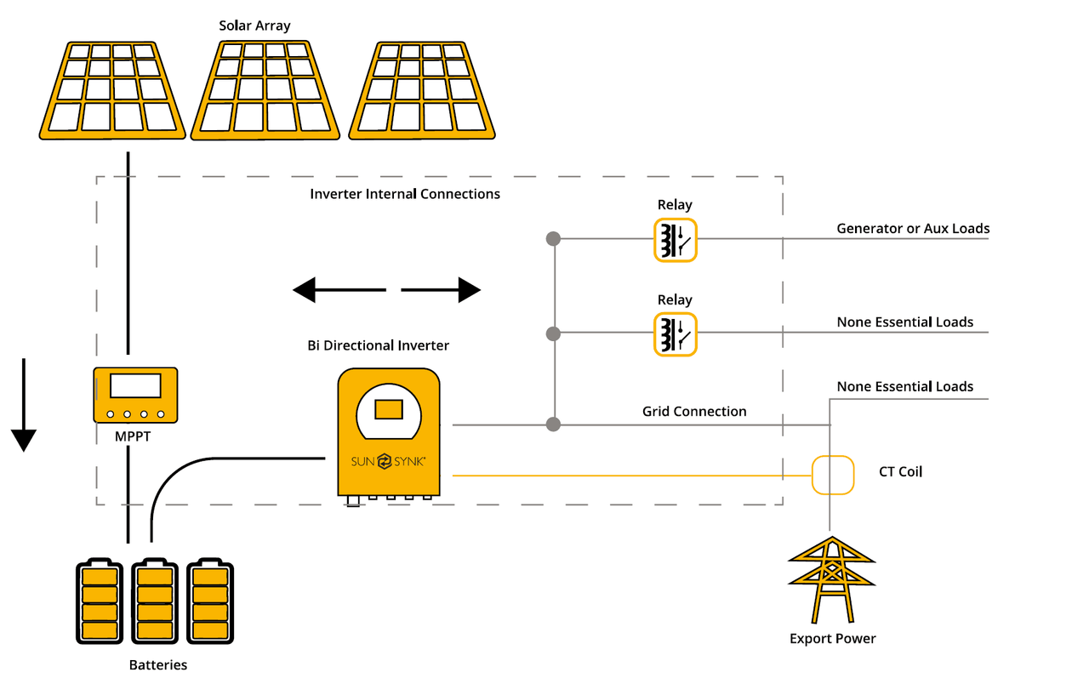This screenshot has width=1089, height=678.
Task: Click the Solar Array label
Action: tap(254, 26)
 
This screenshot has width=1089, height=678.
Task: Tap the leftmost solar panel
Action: tap(113, 92)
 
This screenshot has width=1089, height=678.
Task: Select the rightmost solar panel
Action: tap(422, 92)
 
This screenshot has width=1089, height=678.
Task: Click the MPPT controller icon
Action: tap(135, 395)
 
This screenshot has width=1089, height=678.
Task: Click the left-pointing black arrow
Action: tap(339, 290)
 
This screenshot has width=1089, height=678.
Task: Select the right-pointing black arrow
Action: tap(441, 290)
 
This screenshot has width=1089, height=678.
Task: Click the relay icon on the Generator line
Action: tap(675, 239)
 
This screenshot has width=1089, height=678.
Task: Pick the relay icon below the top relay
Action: tap(675, 333)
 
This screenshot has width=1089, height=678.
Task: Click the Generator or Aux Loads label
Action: tap(913, 229)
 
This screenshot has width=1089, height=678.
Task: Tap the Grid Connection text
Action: tap(694, 412)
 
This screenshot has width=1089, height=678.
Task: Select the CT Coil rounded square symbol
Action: tap(832, 475)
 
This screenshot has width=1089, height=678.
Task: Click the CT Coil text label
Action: tap(900, 471)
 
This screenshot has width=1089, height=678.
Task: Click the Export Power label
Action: tap(832, 639)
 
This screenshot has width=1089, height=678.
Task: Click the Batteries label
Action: tap(158, 665)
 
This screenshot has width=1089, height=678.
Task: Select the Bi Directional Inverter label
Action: tap(378, 345)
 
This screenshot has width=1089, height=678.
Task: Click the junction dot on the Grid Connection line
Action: tap(554, 424)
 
